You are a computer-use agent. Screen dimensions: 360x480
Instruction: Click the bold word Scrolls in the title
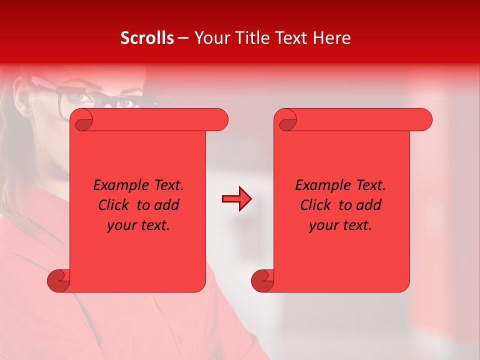[x=147, y=38]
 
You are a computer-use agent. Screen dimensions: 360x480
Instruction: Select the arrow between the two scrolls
[x=236, y=199]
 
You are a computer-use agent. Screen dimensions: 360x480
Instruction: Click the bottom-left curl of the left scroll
[x=58, y=280]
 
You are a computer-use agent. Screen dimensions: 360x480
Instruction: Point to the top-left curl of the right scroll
[x=286, y=120]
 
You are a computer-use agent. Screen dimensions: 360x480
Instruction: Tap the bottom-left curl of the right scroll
[x=262, y=280]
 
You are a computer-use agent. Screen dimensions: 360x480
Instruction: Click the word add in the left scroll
[x=167, y=205]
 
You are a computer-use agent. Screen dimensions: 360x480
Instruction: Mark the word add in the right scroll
[x=369, y=205]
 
